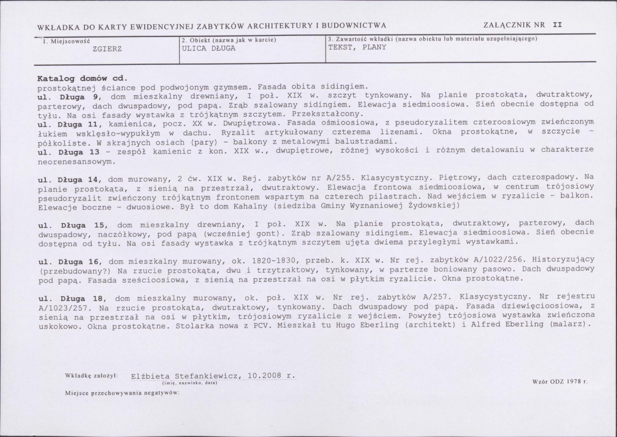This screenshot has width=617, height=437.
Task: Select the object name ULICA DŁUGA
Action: point(209,48)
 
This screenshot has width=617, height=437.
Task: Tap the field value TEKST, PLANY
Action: point(357,48)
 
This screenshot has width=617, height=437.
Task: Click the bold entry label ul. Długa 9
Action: point(69,96)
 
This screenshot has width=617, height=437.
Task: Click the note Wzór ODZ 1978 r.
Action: point(561,383)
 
